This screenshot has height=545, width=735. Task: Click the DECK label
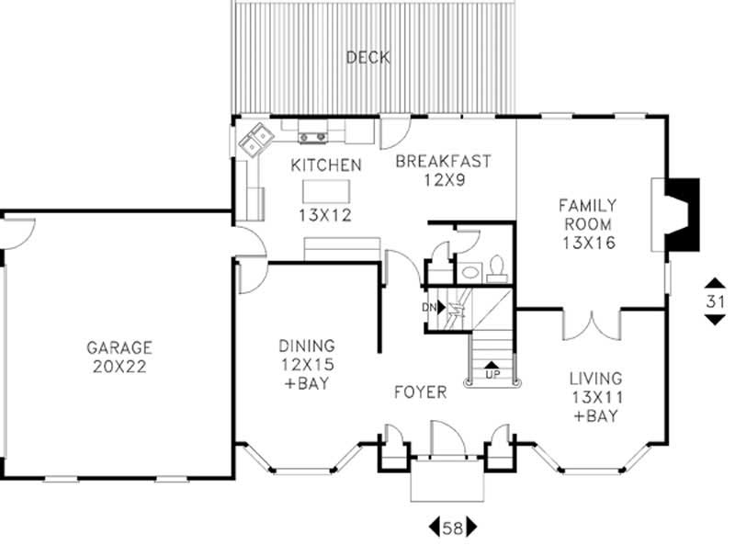click(367, 58)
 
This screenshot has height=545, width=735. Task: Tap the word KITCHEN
click(325, 165)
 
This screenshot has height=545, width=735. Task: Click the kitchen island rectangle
click(328, 191)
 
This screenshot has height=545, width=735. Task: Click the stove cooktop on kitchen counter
click(314, 138)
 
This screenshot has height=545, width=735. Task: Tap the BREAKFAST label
click(443, 162)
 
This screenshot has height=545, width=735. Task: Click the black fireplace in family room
click(684, 213)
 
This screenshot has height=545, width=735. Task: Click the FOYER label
click(422, 392)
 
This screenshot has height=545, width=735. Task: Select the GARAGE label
click(119, 347)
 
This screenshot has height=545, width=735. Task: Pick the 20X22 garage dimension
click(119, 365)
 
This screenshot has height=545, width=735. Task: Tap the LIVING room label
click(594, 378)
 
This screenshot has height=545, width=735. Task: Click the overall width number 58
click(453, 528)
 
